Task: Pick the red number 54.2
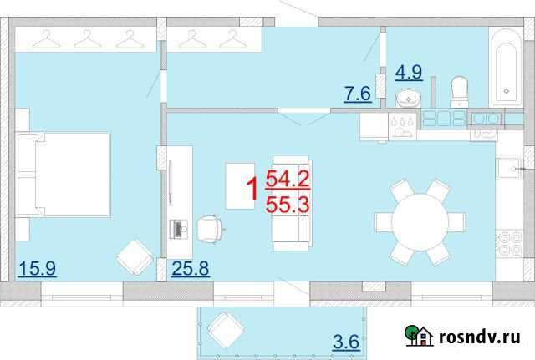pyautogui.click(x=288, y=178)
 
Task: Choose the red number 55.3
pyautogui.click(x=288, y=205)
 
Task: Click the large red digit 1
pyautogui.click(x=248, y=192)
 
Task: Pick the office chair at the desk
pyautogui.click(x=210, y=227)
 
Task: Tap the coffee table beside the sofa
pyautogui.click(x=242, y=185)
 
